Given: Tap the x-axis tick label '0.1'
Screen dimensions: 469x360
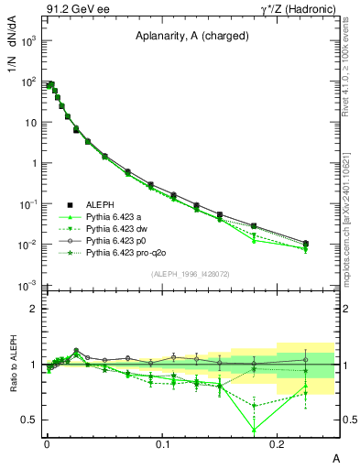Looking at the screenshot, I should tap(163, 444).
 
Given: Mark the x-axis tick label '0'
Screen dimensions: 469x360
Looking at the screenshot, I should tap(47, 444).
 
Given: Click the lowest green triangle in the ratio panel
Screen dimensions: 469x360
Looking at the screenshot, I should tap(254, 429).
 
